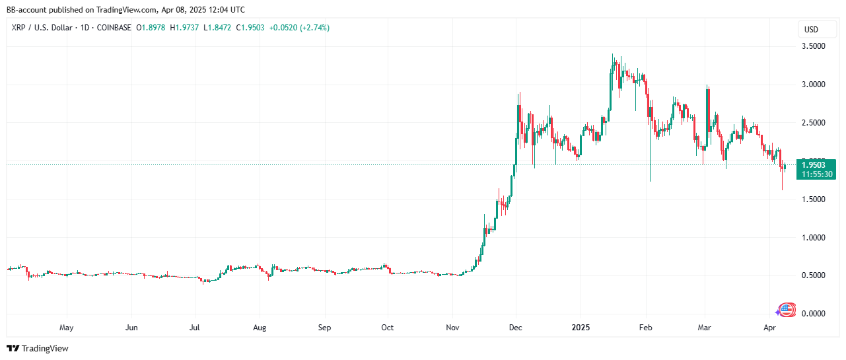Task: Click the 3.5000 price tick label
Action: click(812, 46)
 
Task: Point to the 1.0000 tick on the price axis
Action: click(812, 237)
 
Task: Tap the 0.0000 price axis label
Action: click(812, 313)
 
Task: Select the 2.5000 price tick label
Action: click(812, 123)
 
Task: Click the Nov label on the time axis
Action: click(452, 327)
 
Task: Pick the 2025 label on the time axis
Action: click(581, 327)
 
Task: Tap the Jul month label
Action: click(195, 327)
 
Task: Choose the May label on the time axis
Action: click(66, 327)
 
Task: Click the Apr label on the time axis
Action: click(769, 327)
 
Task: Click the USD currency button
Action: click(810, 30)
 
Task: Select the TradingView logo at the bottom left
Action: click(38, 348)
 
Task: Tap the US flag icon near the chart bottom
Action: click(787, 309)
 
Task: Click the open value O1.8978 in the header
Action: click(151, 28)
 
